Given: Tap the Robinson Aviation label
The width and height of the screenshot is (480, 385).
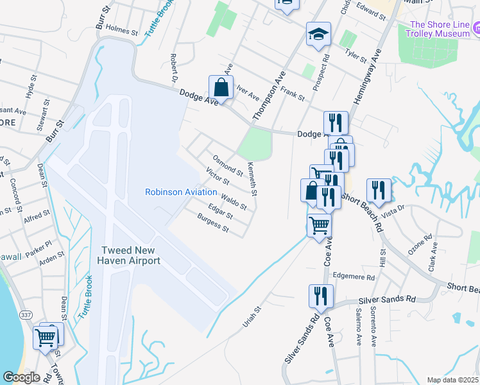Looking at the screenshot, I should (180, 192).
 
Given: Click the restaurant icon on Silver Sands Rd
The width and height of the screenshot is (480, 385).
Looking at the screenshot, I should (321, 296).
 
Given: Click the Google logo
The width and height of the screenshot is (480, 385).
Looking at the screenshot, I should (21, 377).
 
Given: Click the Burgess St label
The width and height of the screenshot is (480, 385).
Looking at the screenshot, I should (213, 222).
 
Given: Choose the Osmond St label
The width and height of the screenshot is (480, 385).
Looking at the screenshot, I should (228, 165).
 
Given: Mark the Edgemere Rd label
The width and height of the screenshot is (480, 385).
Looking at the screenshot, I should (353, 277).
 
